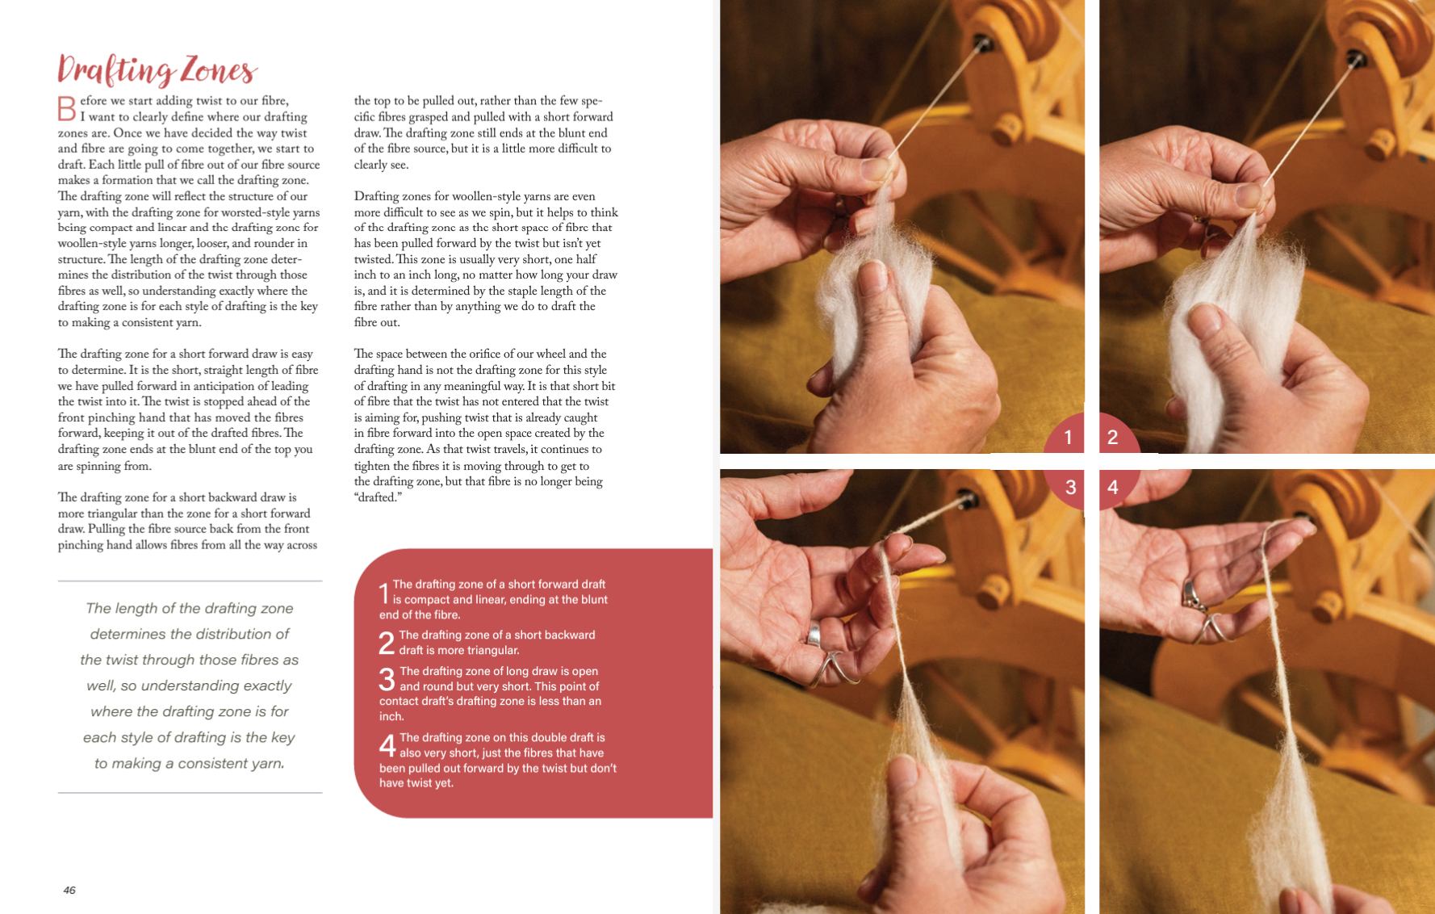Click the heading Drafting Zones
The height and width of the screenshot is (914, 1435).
point(157,70)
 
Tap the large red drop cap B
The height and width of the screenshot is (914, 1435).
point(67,108)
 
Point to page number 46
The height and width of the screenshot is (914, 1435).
point(69,890)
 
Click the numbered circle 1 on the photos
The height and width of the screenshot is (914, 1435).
point(1067,436)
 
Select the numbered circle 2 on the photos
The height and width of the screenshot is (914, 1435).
point(1114,436)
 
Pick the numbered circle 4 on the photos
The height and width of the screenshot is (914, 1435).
point(1114,487)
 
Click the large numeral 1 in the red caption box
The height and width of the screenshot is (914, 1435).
point(385,593)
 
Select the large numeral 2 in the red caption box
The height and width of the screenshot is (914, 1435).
point(387,643)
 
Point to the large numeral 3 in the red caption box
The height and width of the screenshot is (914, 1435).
point(387,679)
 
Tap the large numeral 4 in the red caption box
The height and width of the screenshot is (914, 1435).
point(387,745)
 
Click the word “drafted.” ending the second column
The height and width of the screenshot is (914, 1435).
point(378,497)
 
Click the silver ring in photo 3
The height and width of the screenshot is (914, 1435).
point(814,634)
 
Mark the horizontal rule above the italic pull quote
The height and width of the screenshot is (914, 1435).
point(190,581)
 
